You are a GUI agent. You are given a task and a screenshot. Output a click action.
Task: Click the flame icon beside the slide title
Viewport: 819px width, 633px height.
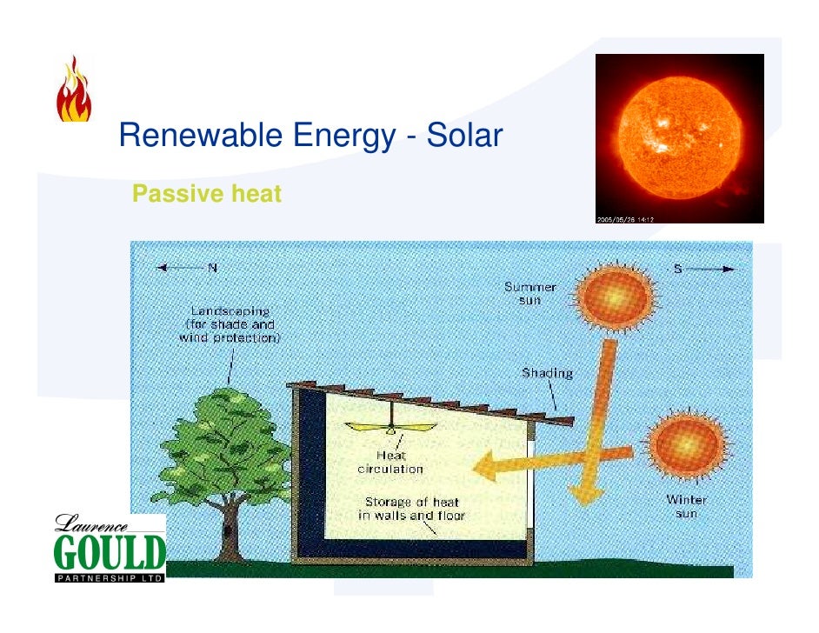pyautogui.click(x=74, y=90)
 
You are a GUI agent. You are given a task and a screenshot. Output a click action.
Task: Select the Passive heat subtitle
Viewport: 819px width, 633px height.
pyautogui.click(x=207, y=194)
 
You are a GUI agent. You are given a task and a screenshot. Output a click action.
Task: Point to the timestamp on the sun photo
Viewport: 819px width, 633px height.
pyautogui.click(x=624, y=218)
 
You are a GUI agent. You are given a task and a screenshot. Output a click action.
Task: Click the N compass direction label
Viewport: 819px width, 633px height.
pyautogui.click(x=212, y=267)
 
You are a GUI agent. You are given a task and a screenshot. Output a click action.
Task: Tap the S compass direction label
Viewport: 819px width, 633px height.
pyautogui.click(x=677, y=268)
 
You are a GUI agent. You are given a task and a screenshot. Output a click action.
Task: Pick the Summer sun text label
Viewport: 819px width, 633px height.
pyautogui.click(x=530, y=293)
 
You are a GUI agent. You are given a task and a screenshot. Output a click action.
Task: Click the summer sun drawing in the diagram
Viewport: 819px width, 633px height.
pyautogui.click(x=614, y=295)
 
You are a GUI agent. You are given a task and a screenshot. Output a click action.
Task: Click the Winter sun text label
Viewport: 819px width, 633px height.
pyautogui.click(x=687, y=506)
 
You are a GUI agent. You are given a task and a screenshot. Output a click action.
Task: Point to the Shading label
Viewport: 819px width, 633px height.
pyautogui.click(x=547, y=373)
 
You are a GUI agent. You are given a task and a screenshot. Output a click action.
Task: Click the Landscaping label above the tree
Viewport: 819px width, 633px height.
pyautogui.click(x=230, y=323)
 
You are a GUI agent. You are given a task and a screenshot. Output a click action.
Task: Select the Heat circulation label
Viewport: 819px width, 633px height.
pyautogui.click(x=390, y=462)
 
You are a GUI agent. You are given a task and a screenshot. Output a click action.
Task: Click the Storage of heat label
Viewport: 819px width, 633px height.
pyautogui.click(x=412, y=509)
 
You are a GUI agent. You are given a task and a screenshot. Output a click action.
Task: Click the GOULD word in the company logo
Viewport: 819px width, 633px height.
pyautogui.click(x=110, y=552)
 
